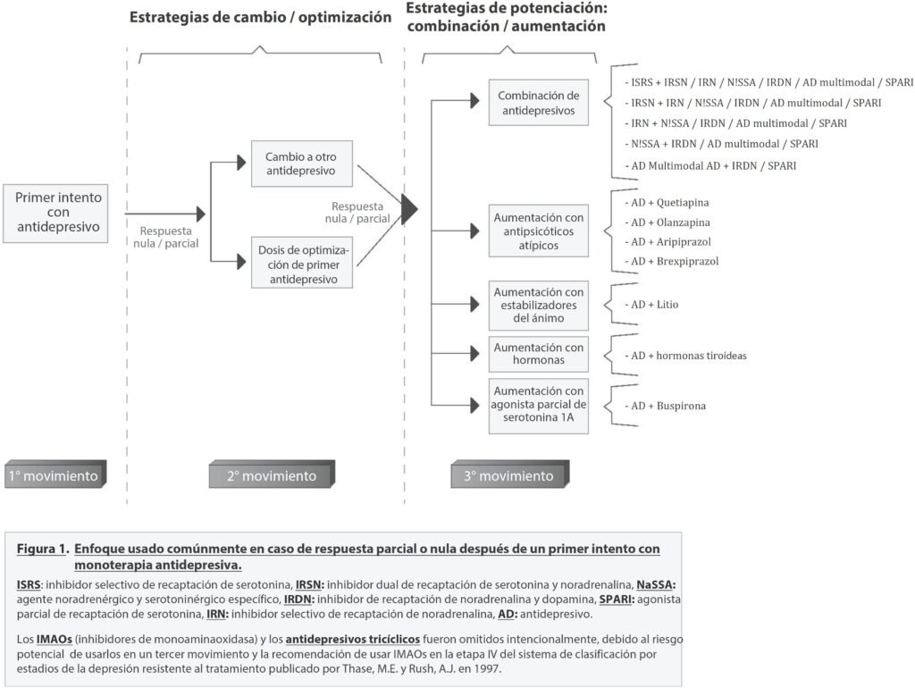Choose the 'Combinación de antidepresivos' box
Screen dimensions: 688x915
click(539, 104)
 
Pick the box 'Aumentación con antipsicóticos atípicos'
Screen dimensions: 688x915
click(539, 230)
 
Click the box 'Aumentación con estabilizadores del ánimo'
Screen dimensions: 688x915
click(539, 305)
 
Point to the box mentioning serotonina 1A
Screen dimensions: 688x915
click(539, 406)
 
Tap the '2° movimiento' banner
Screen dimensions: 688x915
click(272, 476)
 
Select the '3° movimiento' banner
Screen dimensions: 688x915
click(508, 476)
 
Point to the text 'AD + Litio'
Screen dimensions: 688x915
click(655, 305)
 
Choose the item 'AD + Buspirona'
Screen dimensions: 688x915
click(668, 406)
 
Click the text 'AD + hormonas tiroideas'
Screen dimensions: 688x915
click(689, 355)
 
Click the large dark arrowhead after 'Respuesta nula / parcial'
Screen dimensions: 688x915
click(408, 208)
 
